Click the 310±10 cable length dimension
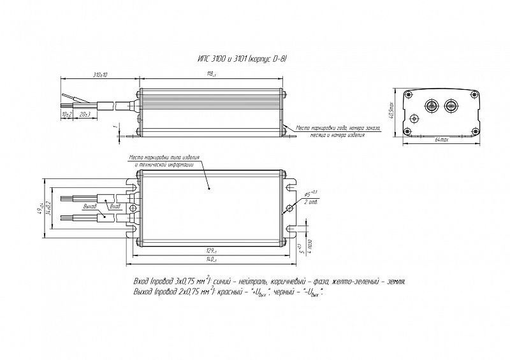coord(100,75)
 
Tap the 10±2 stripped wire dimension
coord(67,113)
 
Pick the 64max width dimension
coord(441,139)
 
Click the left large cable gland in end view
coord(430,104)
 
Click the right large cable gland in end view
coord(451,104)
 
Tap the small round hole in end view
coord(415,119)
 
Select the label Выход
coord(91,207)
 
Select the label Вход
coord(115,207)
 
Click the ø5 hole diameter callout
coord(312,193)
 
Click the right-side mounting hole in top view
coord(289,208)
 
